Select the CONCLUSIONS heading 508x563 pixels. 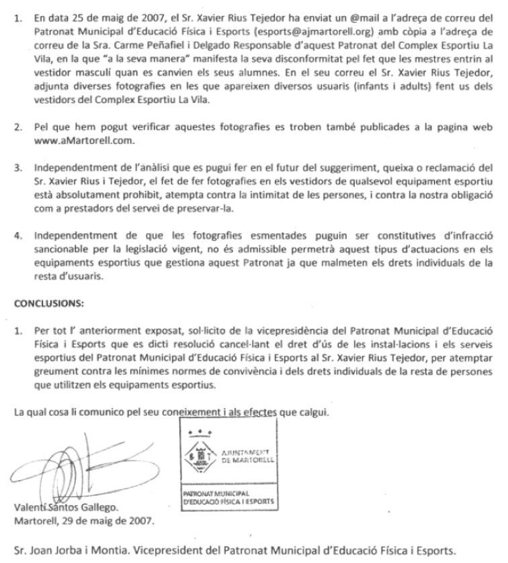click(x=48, y=303)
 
